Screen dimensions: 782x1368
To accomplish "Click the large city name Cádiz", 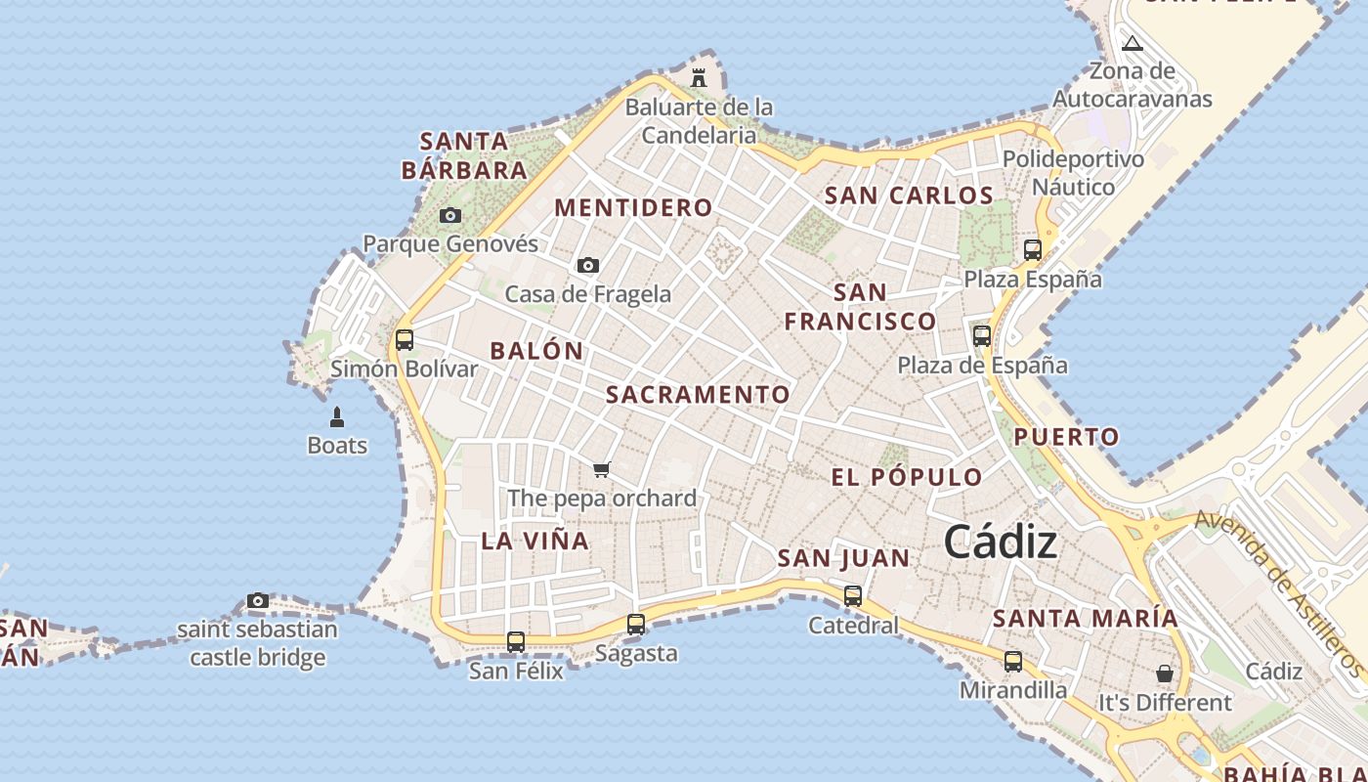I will tap(1001, 543).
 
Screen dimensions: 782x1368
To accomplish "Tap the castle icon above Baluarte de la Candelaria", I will tap(699, 77).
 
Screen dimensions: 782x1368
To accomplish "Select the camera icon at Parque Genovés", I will tap(449, 215).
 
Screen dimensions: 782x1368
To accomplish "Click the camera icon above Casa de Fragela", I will tap(588, 265).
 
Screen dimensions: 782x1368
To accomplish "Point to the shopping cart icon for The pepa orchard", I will tap(602, 470).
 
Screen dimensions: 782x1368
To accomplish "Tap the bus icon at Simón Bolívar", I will tap(405, 340).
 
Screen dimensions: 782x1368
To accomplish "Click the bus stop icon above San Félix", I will tap(516, 642).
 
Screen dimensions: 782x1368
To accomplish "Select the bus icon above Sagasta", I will tap(636, 624).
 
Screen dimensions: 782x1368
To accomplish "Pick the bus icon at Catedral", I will tap(853, 595).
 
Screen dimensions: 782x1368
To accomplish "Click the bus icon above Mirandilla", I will tap(1013, 662).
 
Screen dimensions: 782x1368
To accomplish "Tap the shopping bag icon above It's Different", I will tap(1165, 673).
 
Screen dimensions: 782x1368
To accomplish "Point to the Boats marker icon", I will tap(337, 417).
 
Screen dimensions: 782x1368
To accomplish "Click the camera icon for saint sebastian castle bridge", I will tap(258, 600).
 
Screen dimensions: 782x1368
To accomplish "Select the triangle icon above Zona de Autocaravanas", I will tap(1132, 43).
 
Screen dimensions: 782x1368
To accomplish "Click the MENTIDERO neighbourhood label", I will tap(633, 207).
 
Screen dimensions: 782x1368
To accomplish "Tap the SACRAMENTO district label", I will tap(698, 395).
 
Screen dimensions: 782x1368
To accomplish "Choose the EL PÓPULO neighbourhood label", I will tap(907, 477).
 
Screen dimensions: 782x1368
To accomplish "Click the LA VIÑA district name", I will tap(535, 541).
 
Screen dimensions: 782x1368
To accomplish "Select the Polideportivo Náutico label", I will tap(1073, 172).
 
